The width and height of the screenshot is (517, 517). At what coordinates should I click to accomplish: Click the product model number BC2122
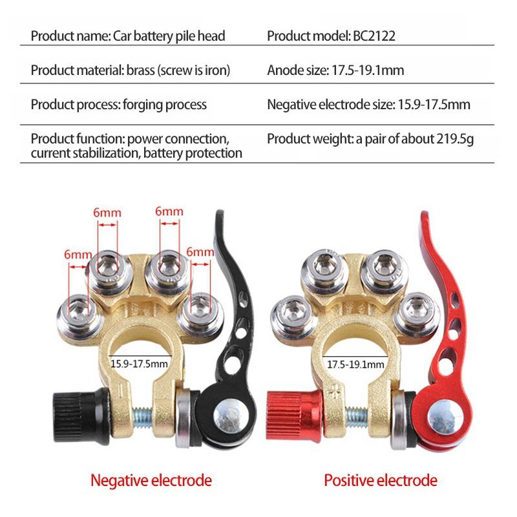pyautogui.click(x=374, y=36)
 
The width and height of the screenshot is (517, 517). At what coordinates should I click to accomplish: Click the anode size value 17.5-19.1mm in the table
pyautogui.click(x=368, y=70)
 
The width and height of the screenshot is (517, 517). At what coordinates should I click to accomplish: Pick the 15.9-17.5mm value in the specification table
pyautogui.click(x=434, y=105)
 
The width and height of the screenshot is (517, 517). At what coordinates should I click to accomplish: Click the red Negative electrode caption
pyautogui.click(x=151, y=480)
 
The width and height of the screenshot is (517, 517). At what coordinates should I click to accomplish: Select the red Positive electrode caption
pyautogui.click(x=381, y=480)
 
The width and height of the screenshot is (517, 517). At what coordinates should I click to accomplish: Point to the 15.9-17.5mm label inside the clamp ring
pyautogui.click(x=139, y=364)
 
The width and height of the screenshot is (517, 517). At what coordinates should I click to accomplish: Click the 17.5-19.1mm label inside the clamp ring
pyautogui.click(x=355, y=364)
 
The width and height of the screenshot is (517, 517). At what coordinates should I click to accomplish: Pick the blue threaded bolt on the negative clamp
pyautogui.click(x=142, y=417)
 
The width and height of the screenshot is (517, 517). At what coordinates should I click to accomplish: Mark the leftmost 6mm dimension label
pyautogui.click(x=78, y=255)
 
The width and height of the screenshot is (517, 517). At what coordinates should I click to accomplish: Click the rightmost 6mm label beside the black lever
pyautogui.click(x=200, y=252)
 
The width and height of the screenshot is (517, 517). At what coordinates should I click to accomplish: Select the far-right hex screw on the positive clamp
pyautogui.click(x=417, y=314)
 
